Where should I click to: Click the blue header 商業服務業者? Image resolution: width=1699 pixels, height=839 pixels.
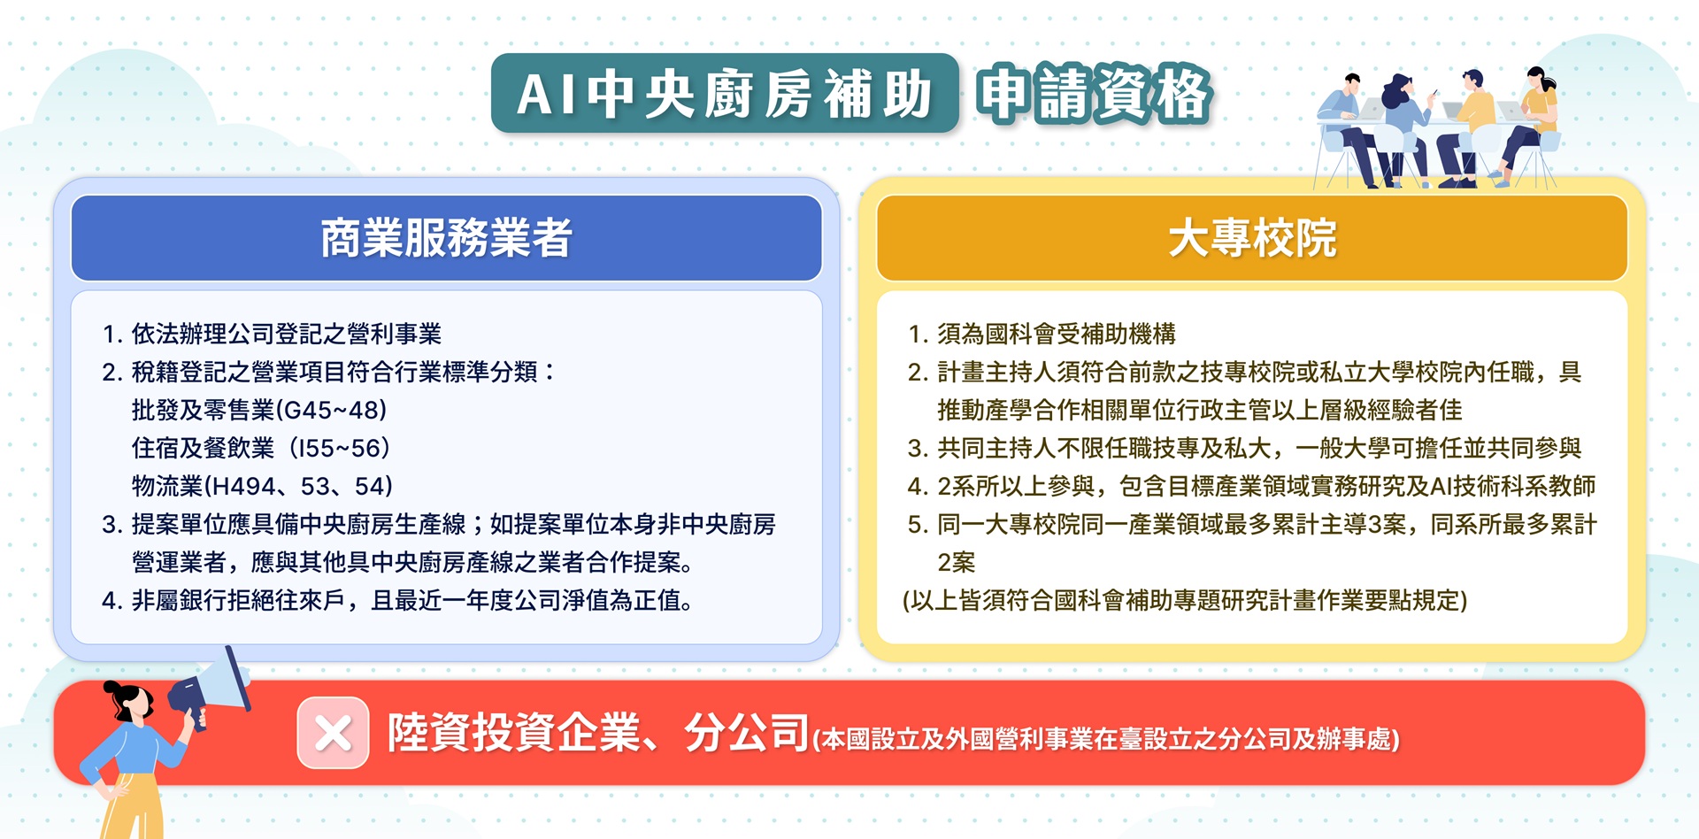(446, 237)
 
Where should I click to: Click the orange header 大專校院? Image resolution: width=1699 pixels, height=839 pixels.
(1251, 237)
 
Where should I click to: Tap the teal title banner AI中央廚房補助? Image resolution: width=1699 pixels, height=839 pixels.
(725, 94)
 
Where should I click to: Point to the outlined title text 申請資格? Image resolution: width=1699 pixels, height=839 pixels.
(1094, 94)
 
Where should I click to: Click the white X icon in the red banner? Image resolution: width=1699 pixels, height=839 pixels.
(333, 733)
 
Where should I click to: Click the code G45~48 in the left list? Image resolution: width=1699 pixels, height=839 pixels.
(332, 410)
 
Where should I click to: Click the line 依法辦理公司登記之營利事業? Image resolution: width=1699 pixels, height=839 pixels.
(286, 334)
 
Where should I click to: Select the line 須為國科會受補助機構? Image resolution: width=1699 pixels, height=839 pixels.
(1057, 334)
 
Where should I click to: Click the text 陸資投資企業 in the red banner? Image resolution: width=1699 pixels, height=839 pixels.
(514, 733)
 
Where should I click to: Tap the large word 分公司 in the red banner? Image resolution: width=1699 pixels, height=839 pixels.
(747, 733)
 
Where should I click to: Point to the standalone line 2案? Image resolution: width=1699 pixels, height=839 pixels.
(956, 562)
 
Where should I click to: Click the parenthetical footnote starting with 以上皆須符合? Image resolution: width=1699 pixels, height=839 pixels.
(1185, 600)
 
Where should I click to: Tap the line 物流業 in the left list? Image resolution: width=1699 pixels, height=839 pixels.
(262, 486)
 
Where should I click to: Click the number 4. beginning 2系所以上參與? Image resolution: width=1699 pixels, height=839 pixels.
(917, 486)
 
